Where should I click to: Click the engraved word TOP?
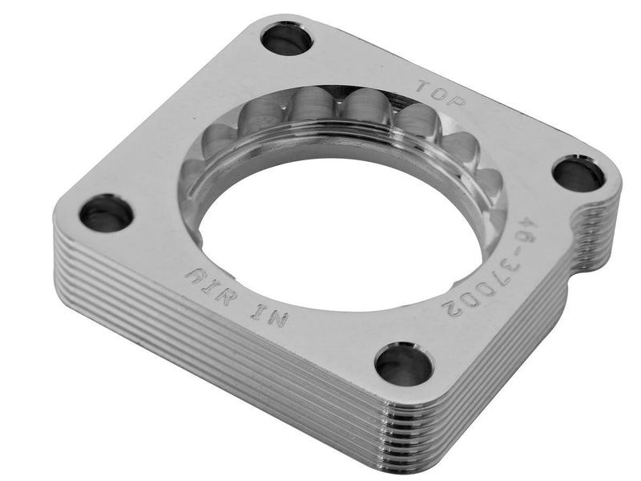(x=434, y=89)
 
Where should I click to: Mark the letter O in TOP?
(x=434, y=89)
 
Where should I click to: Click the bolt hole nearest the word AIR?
(x=105, y=213)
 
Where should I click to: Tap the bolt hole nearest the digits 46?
(x=579, y=174)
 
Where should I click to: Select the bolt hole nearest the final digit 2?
(x=404, y=365)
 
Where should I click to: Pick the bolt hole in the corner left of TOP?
(x=286, y=38)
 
